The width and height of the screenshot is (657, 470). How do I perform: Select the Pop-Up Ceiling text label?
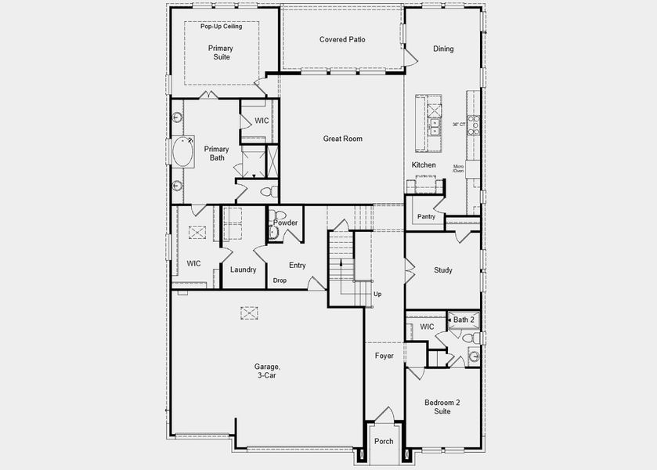tap(221, 27)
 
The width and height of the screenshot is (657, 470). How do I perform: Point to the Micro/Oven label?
tap(459, 168)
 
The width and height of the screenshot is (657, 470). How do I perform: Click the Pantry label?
tap(426, 216)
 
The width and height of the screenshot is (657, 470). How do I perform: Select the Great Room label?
tap(343, 139)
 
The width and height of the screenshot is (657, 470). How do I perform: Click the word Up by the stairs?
tap(377, 295)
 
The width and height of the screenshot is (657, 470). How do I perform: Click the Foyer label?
tap(384, 356)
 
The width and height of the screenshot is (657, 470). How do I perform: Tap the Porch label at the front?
tap(384, 442)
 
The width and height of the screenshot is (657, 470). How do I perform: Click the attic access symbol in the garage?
tap(249, 313)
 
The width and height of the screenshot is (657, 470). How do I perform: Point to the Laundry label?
tap(244, 269)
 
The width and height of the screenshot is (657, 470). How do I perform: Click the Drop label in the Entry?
tap(280, 280)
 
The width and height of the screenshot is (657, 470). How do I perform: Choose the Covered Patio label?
tap(342, 39)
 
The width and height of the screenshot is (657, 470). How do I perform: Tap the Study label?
tap(443, 270)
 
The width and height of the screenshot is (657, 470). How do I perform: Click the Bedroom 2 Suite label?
tap(442, 407)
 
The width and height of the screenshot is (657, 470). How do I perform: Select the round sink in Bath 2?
tap(474, 356)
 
